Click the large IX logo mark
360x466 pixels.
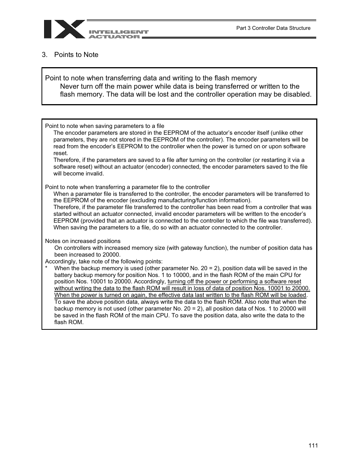(x=64, y=29)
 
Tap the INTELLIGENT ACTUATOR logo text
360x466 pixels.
(x=118, y=34)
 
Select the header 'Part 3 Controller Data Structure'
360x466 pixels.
(x=273, y=28)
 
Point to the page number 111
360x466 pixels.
(x=313, y=446)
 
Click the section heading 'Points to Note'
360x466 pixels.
(x=76, y=55)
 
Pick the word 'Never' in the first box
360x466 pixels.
(x=69, y=86)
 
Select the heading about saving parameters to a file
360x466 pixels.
(x=105, y=126)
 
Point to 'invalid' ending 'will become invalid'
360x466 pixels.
(x=95, y=174)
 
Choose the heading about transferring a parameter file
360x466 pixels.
(x=127, y=187)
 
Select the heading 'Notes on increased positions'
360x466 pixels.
(x=83, y=241)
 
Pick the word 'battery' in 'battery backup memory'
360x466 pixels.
(x=63, y=275)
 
